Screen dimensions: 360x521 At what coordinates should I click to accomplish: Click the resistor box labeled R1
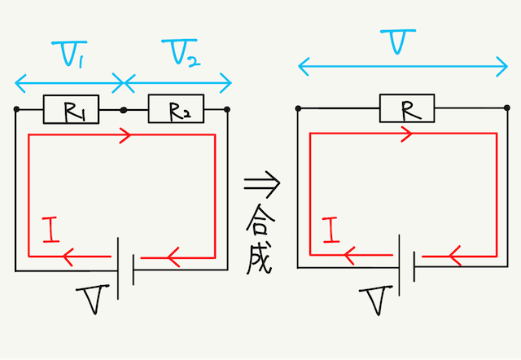(x=69, y=108)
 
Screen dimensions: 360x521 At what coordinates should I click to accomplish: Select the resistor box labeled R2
(x=175, y=108)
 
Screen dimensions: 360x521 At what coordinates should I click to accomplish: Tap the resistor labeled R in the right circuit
(x=405, y=108)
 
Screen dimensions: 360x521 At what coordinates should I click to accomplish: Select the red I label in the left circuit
(x=50, y=232)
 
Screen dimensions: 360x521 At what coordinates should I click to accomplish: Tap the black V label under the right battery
(x=378, y=302)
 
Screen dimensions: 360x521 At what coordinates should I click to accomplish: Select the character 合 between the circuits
(x=260, y=218)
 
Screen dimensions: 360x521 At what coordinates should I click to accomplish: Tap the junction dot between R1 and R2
(x=123, y=108)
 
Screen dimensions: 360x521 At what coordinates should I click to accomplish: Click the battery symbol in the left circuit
(x=125, y=266)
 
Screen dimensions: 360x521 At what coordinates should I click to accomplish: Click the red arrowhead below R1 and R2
(x=125, y=137)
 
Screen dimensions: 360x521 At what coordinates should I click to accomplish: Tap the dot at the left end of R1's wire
(x=15, y=108)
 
